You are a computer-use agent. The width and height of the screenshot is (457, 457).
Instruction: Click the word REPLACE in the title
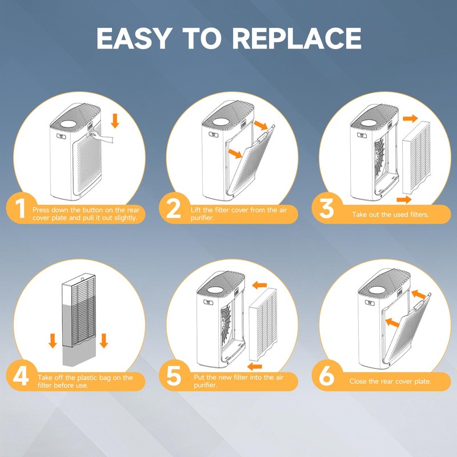[x=296, y=38]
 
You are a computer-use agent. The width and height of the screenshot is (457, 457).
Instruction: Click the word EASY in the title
[x=133, y=38]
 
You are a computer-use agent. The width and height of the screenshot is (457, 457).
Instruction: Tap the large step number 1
[x=20, y=208]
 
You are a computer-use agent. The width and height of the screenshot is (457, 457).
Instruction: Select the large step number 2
[x=174, y=208]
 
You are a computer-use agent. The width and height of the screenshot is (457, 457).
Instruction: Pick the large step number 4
[x=21, y=376]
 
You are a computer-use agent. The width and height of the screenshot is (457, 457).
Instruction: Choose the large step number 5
[x=174, y=376]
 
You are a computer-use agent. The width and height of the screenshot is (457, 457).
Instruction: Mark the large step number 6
[x=326, y=376]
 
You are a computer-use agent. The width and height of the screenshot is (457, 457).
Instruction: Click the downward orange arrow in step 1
[x=115, y=121]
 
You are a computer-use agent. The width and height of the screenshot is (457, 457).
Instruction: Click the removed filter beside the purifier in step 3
[x=416, y=158]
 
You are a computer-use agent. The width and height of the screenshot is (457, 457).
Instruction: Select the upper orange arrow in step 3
[x=410, y=118]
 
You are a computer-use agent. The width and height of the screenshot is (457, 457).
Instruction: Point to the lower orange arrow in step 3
[x=404, y=199]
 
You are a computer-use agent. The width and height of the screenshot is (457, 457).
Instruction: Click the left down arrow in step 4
[x=53, y=340]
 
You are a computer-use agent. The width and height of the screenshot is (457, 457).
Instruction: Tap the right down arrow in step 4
[x=104, y=340]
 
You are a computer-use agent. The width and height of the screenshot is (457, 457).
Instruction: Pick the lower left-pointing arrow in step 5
[x=254, y=366]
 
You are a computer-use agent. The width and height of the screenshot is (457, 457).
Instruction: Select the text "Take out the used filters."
[x=390, y=215]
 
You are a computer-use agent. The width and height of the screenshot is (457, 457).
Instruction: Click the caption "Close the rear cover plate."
[x=390, y=381]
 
